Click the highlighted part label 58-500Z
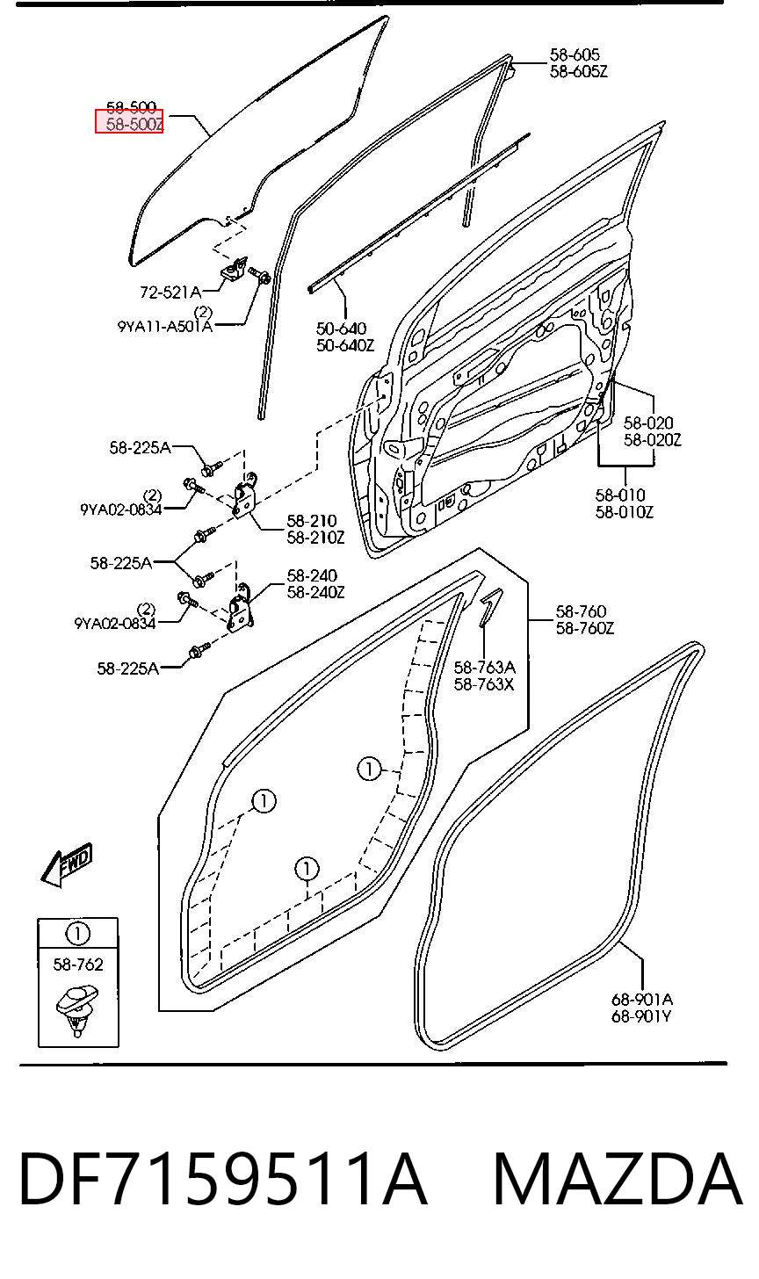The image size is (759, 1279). point(134,124)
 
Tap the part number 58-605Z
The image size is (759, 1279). point(579,72)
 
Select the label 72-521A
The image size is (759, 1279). point(170,293)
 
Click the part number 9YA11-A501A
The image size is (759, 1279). point(165,327)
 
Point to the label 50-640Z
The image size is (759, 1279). point(345,345)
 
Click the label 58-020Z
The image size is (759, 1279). point(652,440)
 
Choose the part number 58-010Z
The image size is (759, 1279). point(625,512)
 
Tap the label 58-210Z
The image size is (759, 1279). point(316,538)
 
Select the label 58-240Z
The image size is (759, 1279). point(316,593)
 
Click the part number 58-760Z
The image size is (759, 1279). point(585,629)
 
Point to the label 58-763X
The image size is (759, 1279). point(484,684)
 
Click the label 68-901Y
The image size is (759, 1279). point(641,1016)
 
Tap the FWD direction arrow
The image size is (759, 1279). point(67,865)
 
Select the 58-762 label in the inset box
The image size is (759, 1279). point(78,965)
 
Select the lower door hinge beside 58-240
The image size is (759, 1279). point(241,608)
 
